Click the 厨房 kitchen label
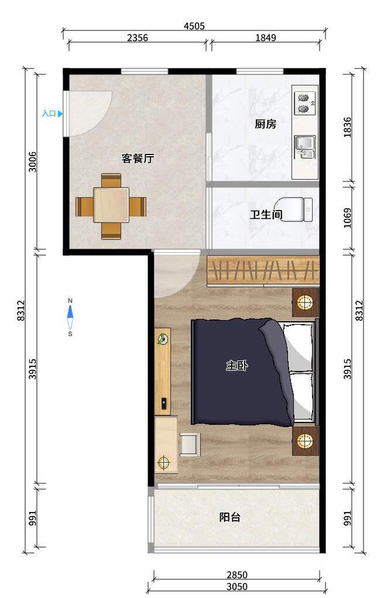pos(265,124)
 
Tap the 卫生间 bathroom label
pos(266,214)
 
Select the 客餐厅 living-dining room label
pos(138,158)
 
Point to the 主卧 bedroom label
pos(237,366)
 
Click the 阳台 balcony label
pos(230,517)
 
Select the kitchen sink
pos(305,147)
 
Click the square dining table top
pos(111,205)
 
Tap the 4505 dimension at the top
pos(194,26)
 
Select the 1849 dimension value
pos(266,37)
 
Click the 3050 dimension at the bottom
pos(237,586)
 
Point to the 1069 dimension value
pos(347,218)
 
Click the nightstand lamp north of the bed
pos(306,303)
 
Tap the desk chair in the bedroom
pos(190,444)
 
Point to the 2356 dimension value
pos(138,37)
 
